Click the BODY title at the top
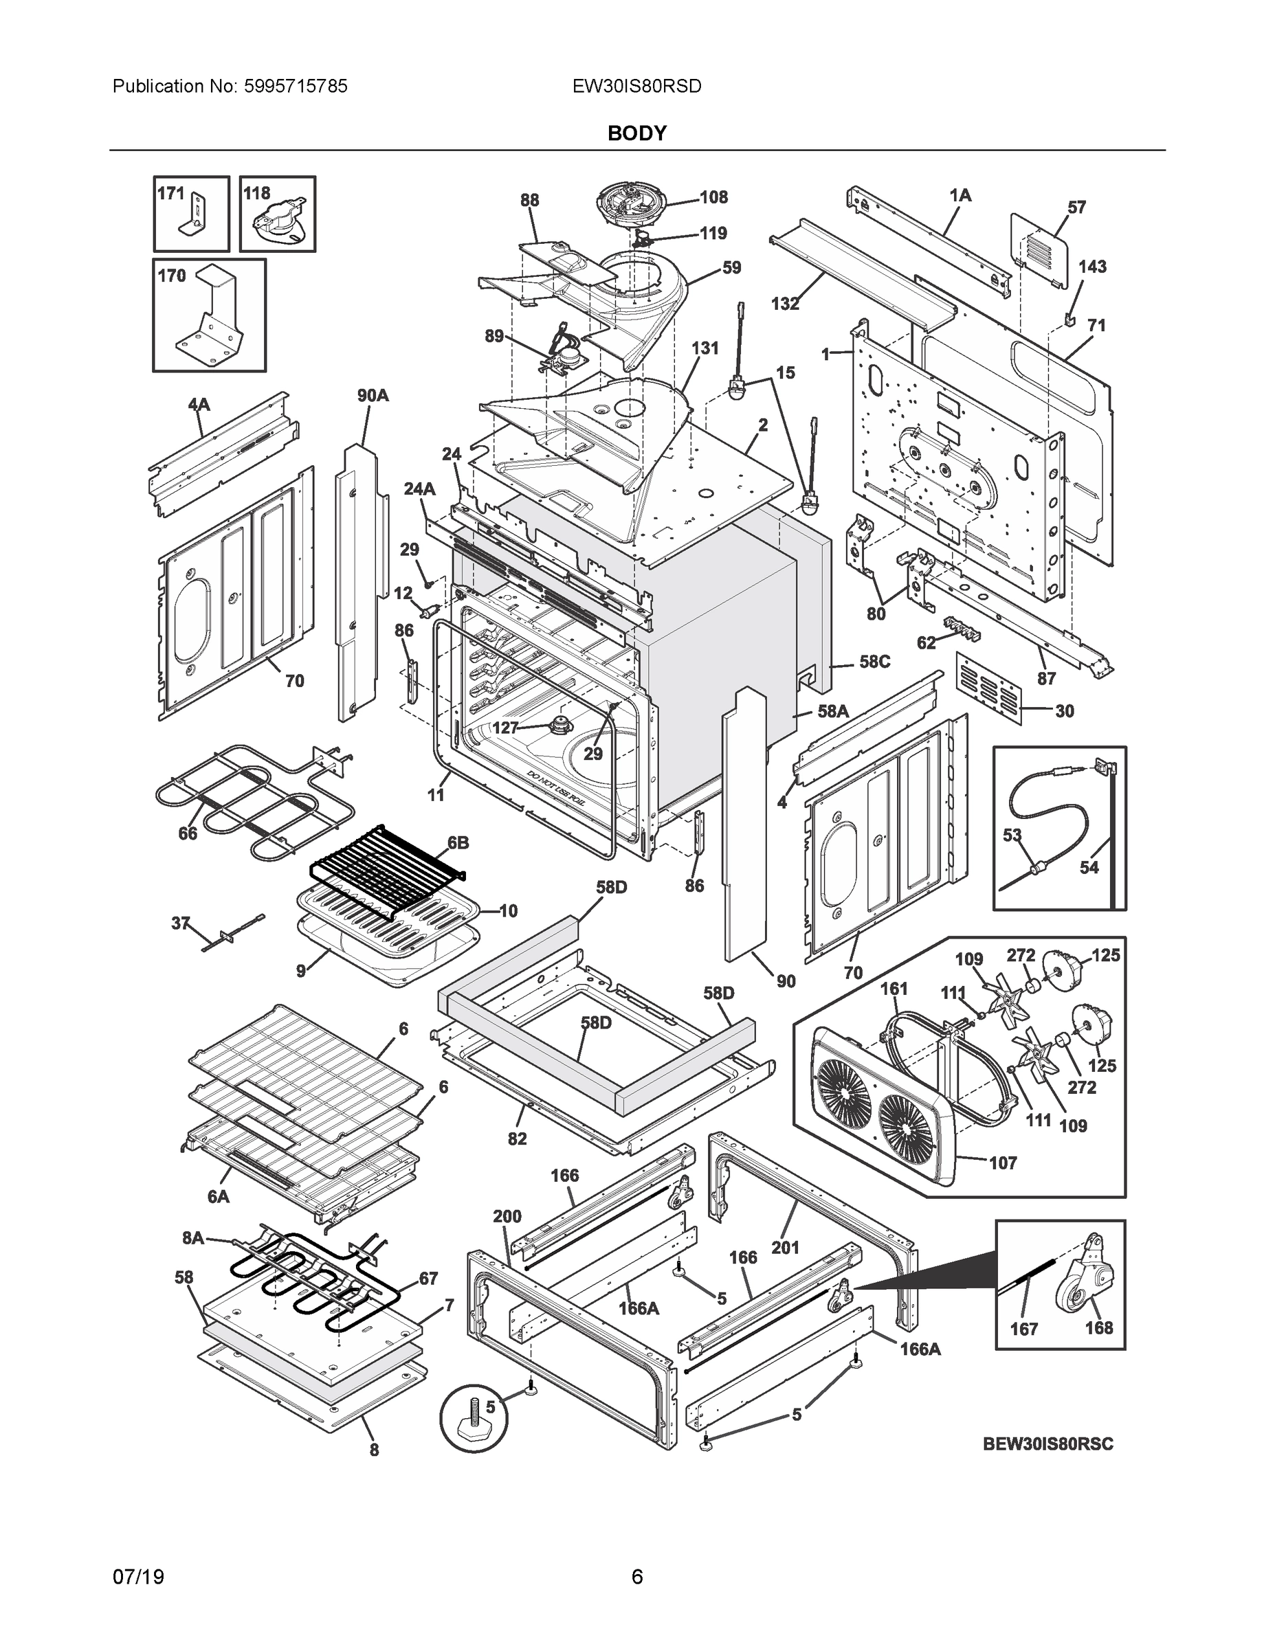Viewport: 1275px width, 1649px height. click(x=636, y=134)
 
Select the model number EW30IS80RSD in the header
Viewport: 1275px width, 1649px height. click(x=636, y=87)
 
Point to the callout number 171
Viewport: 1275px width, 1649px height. click(x=170, y=193)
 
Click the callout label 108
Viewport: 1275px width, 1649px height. click(x=713, y=197)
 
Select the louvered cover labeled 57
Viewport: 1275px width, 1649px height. click(x=1039, y=251)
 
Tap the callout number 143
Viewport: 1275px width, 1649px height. click(x=1092, y=267)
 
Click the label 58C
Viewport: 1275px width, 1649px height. click(x=875, y=662)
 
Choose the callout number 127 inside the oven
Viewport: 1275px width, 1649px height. click(x=505, y=727)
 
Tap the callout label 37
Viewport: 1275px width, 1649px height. click(x=181, y=923)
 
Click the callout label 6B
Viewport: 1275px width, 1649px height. click(x=458, y=842)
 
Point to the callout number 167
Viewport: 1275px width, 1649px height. click(x=1024, y=1329)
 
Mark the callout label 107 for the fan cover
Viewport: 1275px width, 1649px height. click(x=1003, y=1163)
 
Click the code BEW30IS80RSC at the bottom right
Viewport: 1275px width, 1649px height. click(x=1047, y=1444)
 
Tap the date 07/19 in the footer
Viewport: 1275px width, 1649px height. click(x=138, y=1578)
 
